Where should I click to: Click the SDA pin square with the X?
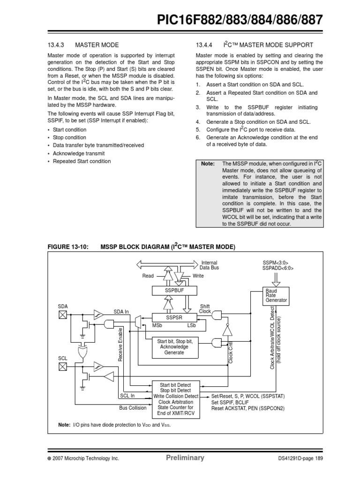pyautogui.click(x=63, y=315)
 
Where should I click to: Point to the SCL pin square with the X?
pyautogui.click(x=63, y=367)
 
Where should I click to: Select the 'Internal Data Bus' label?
pyautogui.click(x=210, y=265)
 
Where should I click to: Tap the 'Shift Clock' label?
pyautogui.click(x=205, y=308)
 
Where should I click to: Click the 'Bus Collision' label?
pyautogui.click(x=133, y=407)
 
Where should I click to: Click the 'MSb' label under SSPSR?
pyautogui.click(x=157, y=325)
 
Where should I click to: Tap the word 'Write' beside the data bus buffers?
pyautogui.click(x=199, y=276)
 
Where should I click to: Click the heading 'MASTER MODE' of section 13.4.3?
pyautogui.click(x=97, y=45)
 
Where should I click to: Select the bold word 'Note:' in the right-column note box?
pyautogui.click(x=207, y=164)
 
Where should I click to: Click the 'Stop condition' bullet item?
pyautogui.click(x=69, y=137)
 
